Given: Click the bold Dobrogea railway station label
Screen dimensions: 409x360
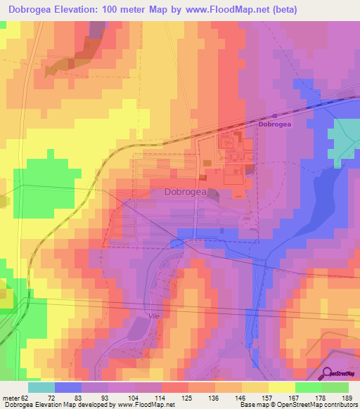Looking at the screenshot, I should pyautogui.click(x=275, y=124).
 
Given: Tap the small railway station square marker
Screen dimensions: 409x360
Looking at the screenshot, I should pyautogui.click(x=275, y=116).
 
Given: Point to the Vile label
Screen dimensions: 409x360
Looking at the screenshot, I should pyautogui.click(x=155, y=316).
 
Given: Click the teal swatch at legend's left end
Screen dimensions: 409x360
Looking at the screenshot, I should pyautogui.click(x=41, y=387).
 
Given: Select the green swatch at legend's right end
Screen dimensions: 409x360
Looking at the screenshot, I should pyautogui.click(x=335, y=387).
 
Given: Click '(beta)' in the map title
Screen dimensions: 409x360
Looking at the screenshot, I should pyautogui.click(x=280, y=9).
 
